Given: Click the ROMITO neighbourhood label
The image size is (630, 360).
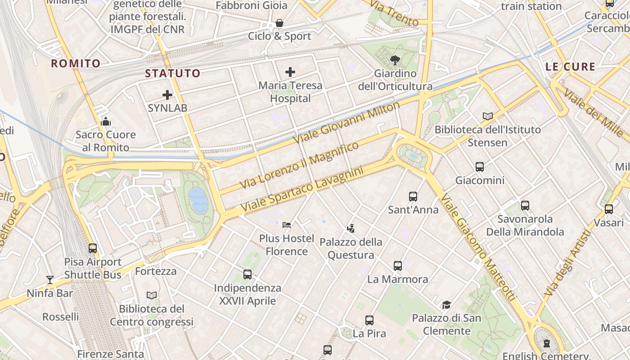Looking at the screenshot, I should click(x=76, y=63).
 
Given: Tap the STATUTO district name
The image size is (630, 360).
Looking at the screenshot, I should click(x=173, y=73).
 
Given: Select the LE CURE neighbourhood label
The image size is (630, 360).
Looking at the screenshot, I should click(x=570, y=67).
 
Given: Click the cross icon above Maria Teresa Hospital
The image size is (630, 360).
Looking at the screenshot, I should click(x=290, y=72).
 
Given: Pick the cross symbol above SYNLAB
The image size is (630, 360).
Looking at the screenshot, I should click(x=167, y=95).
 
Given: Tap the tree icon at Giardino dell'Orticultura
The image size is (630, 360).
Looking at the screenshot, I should click(x=395, y=60).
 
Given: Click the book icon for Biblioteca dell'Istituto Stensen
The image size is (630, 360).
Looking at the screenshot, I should click(x=488, y=116).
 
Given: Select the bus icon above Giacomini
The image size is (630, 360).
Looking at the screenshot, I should click(x=480, y=167).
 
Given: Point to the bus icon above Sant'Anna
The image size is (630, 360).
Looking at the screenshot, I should click(x=413, y=196).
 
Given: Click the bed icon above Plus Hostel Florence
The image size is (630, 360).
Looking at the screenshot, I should click(x=287, y=225).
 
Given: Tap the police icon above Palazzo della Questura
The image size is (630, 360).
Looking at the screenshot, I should click(x=351, y=229).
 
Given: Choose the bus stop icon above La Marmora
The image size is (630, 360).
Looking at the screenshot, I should click(x=398, y=266).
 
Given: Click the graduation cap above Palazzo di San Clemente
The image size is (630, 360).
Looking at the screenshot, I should click(x=446, y=305).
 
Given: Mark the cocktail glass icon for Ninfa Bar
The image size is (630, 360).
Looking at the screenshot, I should click(x=50, y=280).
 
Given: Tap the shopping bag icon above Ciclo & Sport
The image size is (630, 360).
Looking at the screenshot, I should click(x=279, y=23).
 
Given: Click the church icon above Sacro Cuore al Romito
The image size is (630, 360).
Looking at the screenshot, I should click(x=106, y=121).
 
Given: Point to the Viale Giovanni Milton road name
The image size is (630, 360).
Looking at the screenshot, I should click(x=346, y=122).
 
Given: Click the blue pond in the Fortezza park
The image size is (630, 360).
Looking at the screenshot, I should click(x=198, y=200).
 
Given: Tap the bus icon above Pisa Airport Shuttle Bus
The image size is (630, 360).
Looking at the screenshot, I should click(x=93, y=248).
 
